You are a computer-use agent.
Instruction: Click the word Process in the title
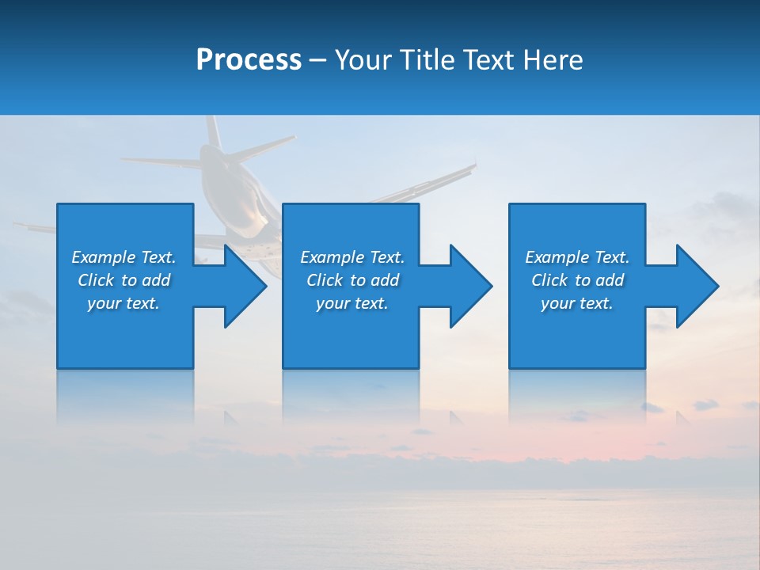click(249, 60)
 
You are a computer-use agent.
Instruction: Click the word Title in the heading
click(428, 60)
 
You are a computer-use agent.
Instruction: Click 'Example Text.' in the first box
click(123, 257)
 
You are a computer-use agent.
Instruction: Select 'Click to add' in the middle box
click(352, 280)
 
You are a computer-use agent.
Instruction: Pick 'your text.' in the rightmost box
click(576, 303)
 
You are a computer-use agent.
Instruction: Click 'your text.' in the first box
click(123, 303)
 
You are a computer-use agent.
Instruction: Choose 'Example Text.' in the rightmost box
click(576, 257)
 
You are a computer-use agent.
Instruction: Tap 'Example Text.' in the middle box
click(352, 257)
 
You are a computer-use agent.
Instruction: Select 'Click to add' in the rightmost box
click(577, 280)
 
